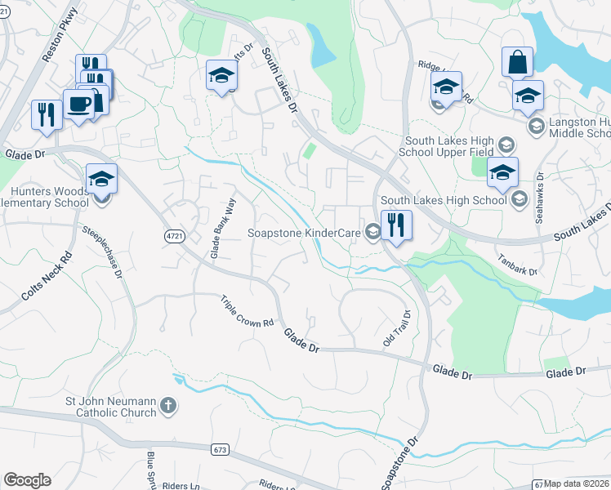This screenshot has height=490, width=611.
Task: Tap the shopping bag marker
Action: coord(518,62)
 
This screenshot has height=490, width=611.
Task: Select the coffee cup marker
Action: coord(78,105)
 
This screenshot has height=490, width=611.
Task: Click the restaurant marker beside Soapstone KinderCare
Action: coord(396,225)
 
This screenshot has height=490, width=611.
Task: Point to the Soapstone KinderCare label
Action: coord(305,233)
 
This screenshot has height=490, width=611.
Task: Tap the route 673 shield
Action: coord(218,449)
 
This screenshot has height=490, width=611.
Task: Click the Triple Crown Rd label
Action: coord(247,311)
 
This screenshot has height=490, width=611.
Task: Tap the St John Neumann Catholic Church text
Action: coord(110,407)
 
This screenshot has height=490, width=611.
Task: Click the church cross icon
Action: coord(167,406)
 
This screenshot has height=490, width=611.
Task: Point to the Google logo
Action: coord(27,480)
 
